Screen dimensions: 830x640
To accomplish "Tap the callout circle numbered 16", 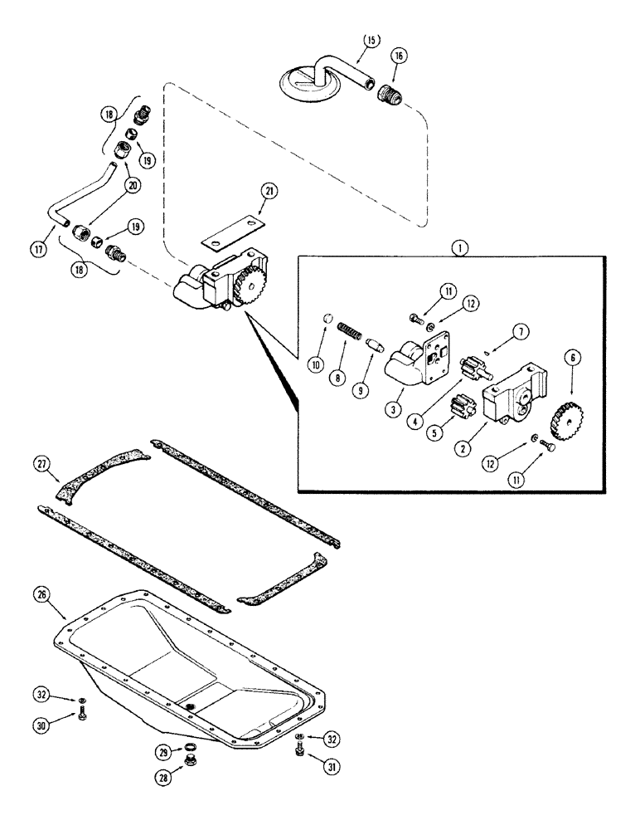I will click(400, 57).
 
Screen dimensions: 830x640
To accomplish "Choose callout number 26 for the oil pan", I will click(43, 594).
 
